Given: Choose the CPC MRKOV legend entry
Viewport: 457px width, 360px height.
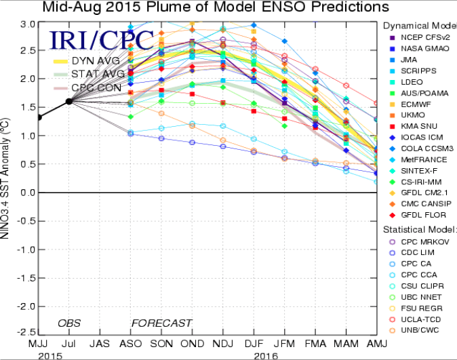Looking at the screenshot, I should click(420, 242).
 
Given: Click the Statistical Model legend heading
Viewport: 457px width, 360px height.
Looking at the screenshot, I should click(419, 229).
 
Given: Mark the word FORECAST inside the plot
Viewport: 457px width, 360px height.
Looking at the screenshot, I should click(161, 323).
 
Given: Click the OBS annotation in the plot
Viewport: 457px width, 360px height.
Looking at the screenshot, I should click(68, 323).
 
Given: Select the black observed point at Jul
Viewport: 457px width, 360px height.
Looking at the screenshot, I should click(68, 101).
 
